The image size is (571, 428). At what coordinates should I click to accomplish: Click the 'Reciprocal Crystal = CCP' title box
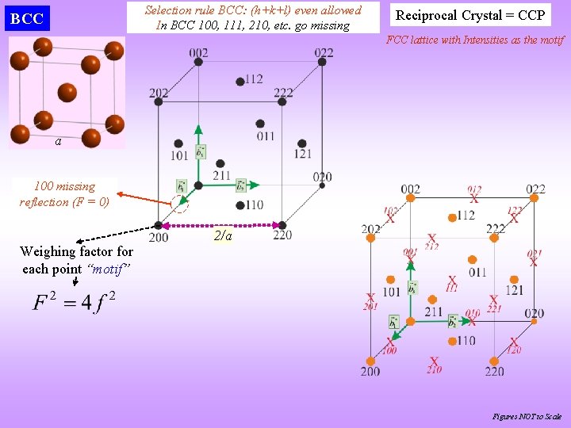470,15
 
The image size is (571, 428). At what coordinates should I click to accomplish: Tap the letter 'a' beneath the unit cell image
58,142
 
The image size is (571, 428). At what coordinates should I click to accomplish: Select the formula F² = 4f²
75,303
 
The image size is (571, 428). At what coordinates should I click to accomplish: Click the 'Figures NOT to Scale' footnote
527,416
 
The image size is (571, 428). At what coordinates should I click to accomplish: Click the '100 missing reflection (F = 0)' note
64,194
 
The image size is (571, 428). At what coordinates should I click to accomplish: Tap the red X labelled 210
433,361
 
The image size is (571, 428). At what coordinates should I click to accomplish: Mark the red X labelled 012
474,197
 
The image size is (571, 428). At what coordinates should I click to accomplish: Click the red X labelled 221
493,300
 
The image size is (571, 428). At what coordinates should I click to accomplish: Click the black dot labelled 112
240,82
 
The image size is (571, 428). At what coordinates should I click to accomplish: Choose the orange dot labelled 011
472,259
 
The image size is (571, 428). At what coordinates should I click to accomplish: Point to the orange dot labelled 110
451,341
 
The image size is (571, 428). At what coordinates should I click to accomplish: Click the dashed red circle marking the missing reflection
182,205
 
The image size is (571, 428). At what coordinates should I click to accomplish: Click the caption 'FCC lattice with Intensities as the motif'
475,40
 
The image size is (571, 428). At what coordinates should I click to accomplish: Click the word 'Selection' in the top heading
167,10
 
